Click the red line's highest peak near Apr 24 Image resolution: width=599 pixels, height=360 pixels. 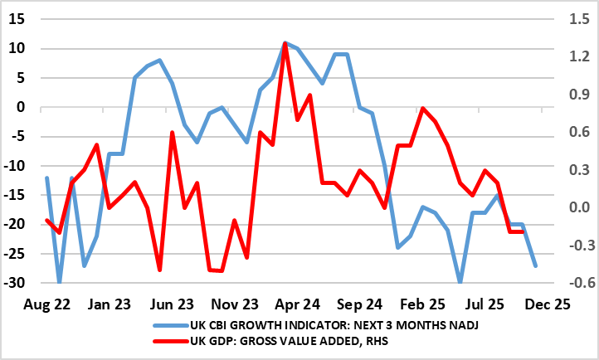pyautogui.click(x=285, y=45)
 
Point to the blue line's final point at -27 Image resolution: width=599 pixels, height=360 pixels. pyautogui.click(x=535, y=265)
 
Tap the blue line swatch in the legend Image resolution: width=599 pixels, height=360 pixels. pyautogui.click(x=169, y=326)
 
